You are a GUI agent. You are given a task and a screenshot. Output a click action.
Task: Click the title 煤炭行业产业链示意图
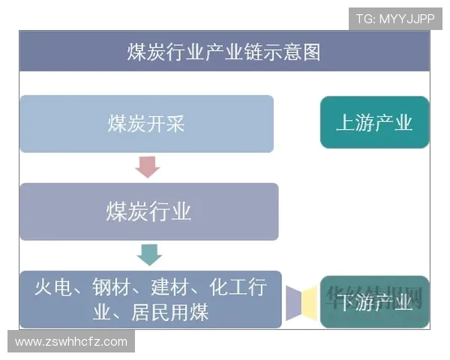point(223,52)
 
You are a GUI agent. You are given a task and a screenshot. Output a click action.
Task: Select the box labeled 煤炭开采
point(146,124)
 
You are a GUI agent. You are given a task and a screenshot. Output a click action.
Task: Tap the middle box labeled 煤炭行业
point(148,211)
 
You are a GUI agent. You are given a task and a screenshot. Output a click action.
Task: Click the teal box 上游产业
point(374,122)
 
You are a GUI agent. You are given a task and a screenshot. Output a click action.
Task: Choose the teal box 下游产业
point(374,303)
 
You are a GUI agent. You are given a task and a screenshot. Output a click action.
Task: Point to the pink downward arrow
point(148,166)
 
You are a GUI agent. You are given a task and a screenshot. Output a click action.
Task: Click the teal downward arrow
point(149,254)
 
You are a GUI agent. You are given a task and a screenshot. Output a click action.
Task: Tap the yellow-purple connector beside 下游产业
point(302,301)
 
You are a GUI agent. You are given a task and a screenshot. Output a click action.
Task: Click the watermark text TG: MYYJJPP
point(395,19)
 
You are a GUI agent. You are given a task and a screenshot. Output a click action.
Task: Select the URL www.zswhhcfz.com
point(71,342)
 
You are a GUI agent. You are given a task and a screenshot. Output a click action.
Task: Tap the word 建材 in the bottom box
point(169,288)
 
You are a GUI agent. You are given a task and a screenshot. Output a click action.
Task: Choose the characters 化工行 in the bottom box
point(236,288)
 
